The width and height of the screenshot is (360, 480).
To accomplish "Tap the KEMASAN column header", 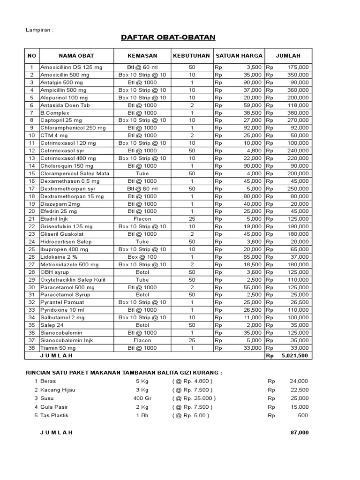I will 142,56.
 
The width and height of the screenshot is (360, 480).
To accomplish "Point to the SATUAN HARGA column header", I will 239,56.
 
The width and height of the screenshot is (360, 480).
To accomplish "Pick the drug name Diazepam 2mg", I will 60,203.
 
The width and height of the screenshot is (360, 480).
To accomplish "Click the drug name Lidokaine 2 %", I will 59,257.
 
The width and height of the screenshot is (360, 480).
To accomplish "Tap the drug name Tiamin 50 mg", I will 59,348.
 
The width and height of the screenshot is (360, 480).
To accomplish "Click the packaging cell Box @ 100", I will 142,257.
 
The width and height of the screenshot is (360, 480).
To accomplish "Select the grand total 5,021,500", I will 294,356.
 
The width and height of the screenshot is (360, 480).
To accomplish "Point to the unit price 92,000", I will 252,127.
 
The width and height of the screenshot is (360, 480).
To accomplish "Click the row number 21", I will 32,219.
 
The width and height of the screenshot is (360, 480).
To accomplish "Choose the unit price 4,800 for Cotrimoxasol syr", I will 254,150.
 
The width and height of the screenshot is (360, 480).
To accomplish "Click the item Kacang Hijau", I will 58,390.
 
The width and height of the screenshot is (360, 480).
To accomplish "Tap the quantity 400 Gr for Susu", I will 142,398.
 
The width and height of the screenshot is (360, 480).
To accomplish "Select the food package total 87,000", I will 300,433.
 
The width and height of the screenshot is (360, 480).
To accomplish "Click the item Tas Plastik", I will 56,415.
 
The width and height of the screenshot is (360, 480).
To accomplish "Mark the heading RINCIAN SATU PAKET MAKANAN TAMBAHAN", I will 123,373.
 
